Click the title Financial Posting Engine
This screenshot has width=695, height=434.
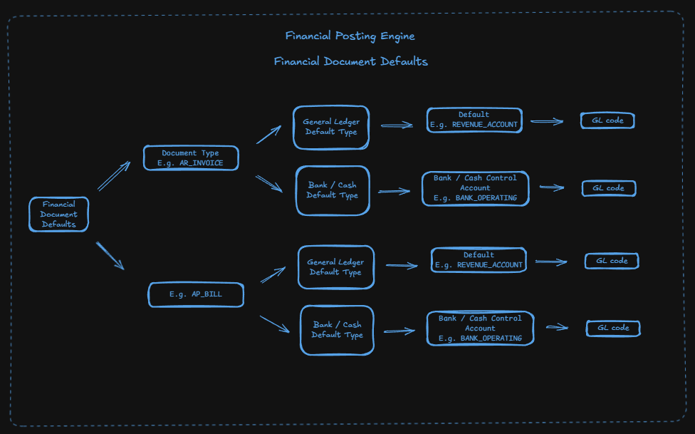click(x=350, y=36)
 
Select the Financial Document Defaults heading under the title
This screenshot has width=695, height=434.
click(x=350, y=61)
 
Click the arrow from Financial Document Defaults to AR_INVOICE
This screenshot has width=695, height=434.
click(x=114, y=176)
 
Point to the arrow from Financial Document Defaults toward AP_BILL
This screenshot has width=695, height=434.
click(x=110, y=256)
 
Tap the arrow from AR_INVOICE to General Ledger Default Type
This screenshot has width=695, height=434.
click(x=268, y=135)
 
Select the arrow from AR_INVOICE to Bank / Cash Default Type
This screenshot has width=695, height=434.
click(x=269, y=184)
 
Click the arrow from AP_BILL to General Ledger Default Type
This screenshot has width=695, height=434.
click(x=273, y=274)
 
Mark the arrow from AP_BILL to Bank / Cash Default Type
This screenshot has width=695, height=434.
click(x=275, y=324)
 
